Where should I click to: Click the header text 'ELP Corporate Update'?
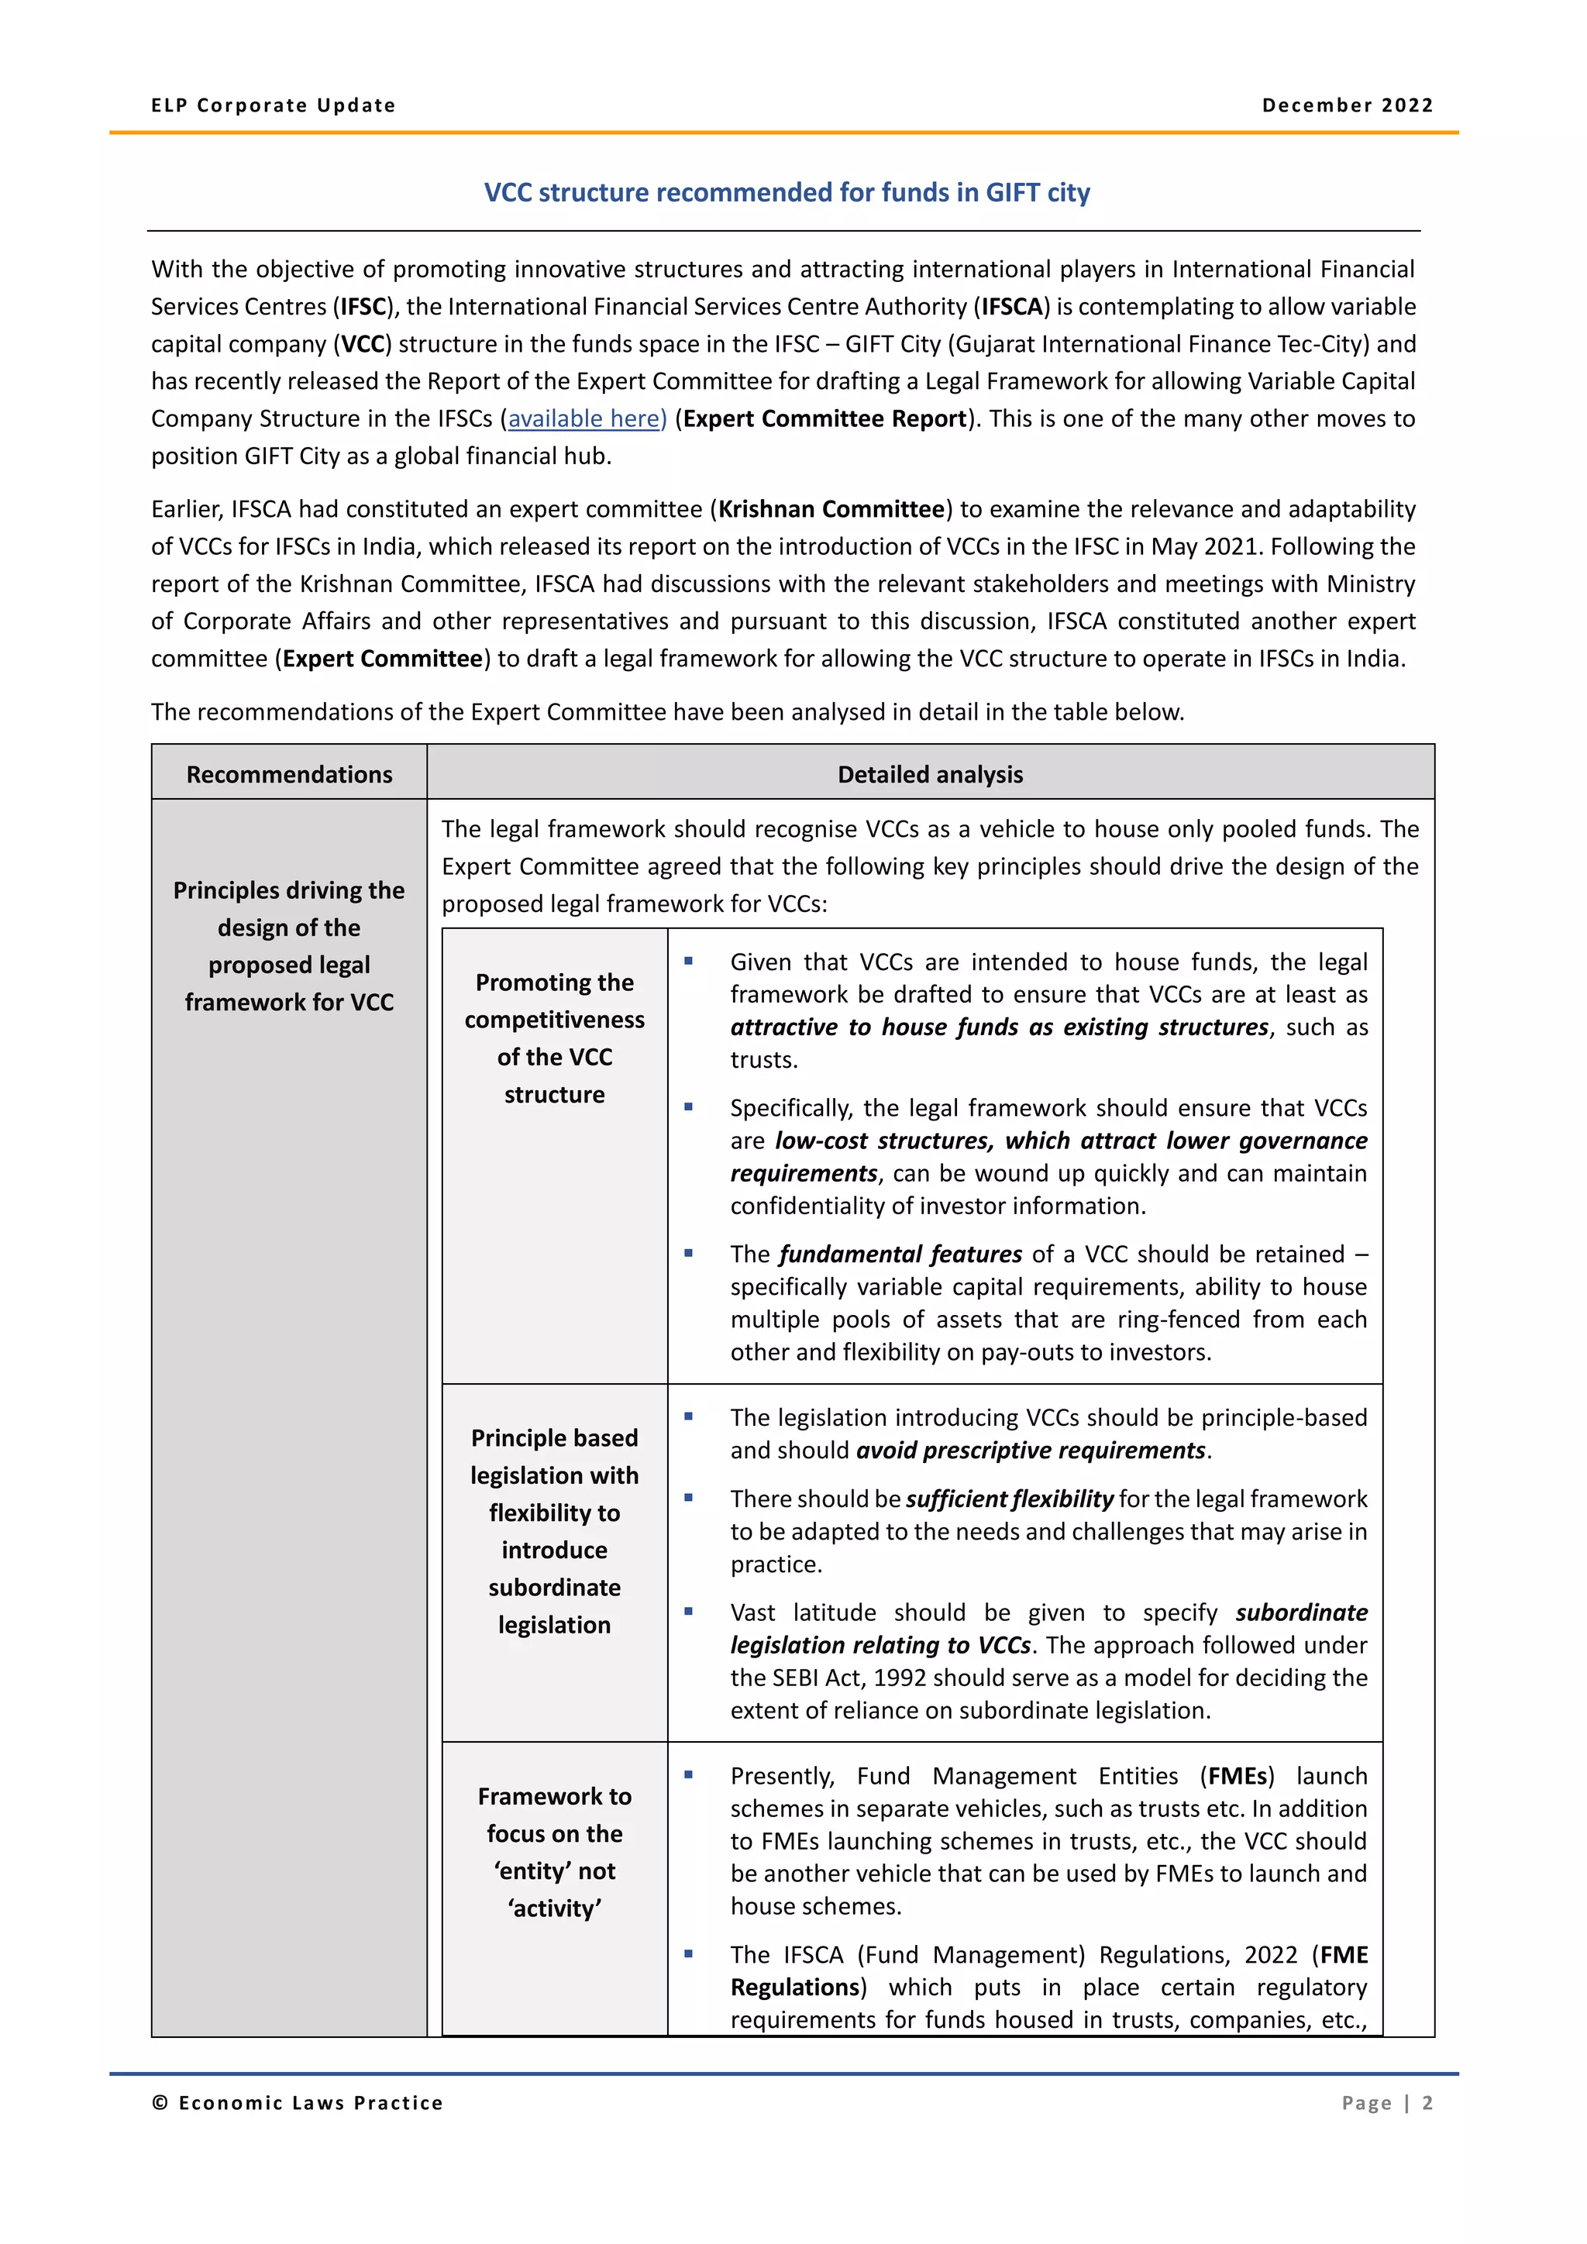pos(274,105)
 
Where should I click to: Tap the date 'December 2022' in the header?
pos(1347,105)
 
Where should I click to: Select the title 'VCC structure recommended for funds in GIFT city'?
pos(787,192)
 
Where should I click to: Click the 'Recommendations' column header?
pos(289,774)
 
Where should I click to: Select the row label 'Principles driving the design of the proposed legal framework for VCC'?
pos(289,945)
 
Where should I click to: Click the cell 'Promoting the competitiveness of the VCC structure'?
pos(554,1038)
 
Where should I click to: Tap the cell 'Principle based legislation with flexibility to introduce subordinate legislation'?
pos(554,1530)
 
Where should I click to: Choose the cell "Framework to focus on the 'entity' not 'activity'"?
pos(554,1851)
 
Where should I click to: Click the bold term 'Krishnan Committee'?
pos(831,509)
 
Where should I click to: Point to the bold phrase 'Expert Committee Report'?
pos(824,419)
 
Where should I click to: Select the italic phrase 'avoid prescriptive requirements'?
pos(1031,1451)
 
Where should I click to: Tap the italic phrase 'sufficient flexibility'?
pos(1010,1499)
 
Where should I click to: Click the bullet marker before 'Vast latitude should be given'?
pos(688,1612)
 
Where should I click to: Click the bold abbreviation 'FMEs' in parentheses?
pos(1238,1776)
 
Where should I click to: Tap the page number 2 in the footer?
pos(1427,2103)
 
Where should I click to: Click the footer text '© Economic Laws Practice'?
pos(297,2103)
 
